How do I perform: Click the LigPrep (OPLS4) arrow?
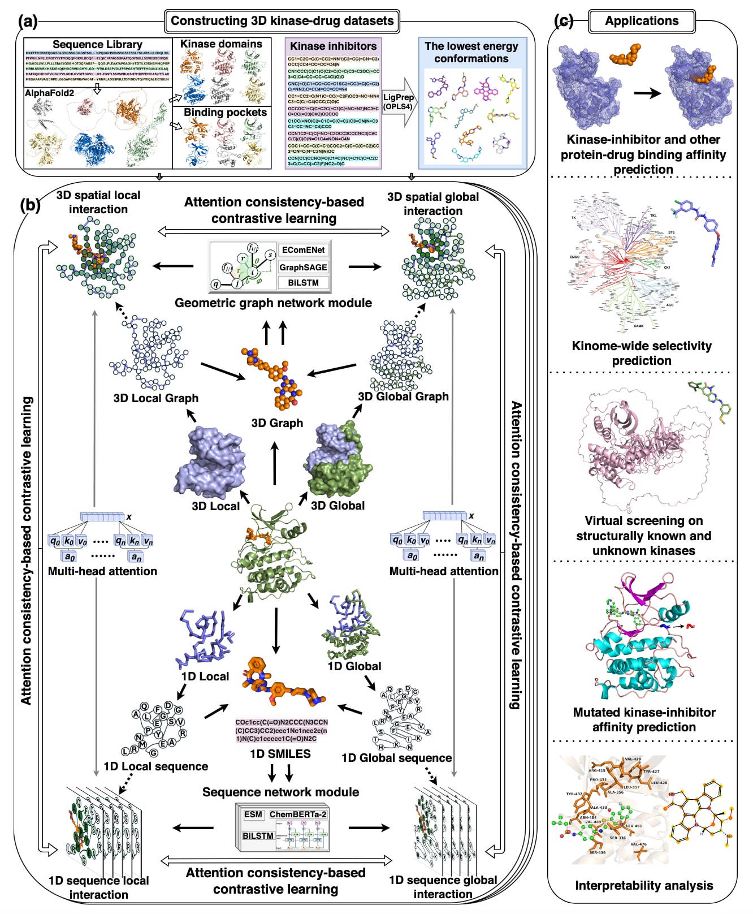pos(399,102)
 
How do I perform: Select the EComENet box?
pos(304,250)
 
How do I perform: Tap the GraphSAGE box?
pos(304,267)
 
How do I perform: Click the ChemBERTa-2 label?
pos(298,814)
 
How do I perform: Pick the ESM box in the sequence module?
pos(253,814)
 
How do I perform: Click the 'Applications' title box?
pos(642,21)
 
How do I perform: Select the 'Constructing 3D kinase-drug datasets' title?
pos(282,21)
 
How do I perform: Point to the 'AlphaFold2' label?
pos(49,93)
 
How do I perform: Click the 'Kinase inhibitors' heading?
pos(334,46)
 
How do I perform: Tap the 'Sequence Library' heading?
pos(97,44)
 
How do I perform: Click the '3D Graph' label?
pos(277,423)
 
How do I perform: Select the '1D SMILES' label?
pos(280,754)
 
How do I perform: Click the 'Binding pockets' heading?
pos(225,113)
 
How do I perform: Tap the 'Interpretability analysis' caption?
pos(644,885)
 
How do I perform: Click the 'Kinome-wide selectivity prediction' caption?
pos(642,353)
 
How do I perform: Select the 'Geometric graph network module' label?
pos(273,303)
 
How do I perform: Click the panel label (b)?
pos(30,205)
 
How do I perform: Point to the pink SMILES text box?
pos(282,730)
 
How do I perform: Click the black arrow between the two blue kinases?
pos(647,93)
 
